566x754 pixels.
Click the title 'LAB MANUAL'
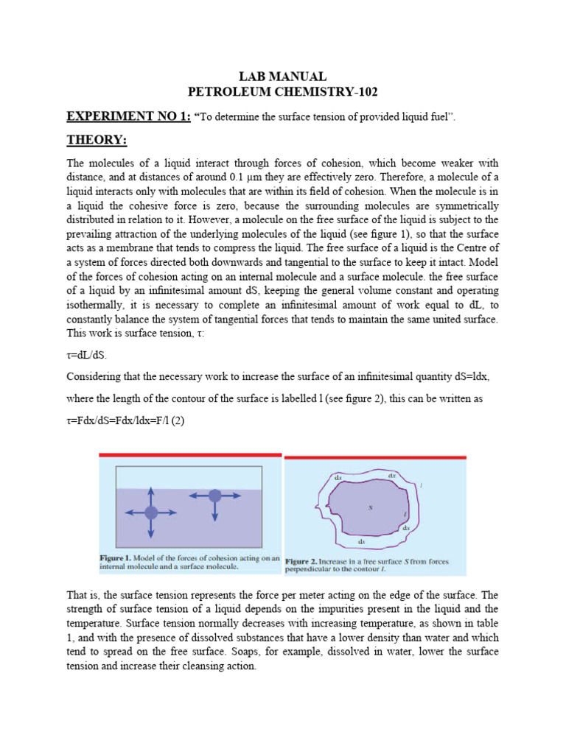pos(284,77)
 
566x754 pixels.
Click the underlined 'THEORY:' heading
pos(97,140)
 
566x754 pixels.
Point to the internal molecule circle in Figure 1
pos(150,512)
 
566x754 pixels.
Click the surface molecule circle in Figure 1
pos(214,496)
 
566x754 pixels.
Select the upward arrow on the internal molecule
pos(150,494)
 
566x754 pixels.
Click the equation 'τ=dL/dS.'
pos(86,355)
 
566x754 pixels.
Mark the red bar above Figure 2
pos(375,457)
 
